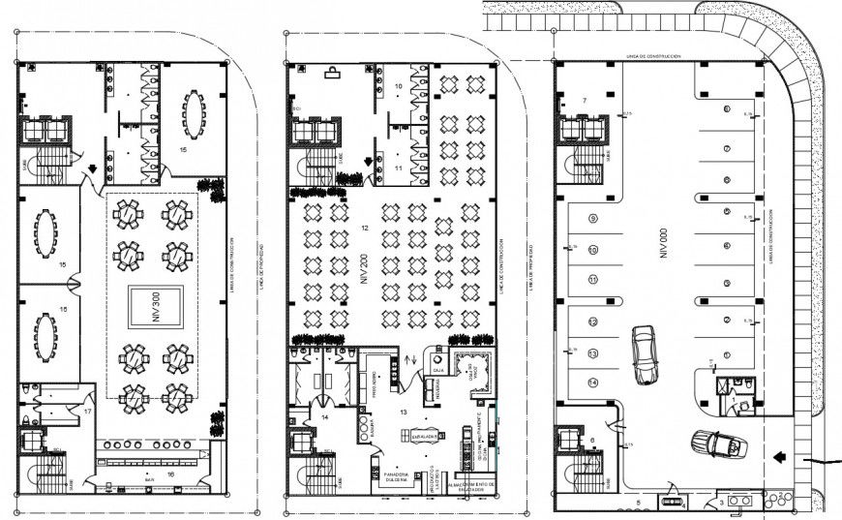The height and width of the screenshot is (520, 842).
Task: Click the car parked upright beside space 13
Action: pyautogui.click(x=644, y=355)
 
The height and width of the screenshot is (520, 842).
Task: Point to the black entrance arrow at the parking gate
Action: pyautogui.click(x=777, y=456)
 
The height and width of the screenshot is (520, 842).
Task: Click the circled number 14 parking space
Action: pyautogui.click(x=592, y=382)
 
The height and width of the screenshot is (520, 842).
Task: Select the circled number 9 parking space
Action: pyautogui.click(x=592, y=218)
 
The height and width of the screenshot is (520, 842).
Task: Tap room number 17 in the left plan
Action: pyautogui.click(x=86, y=413)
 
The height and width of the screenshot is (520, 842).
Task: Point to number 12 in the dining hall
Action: pyautogui.click(x=365, y=228)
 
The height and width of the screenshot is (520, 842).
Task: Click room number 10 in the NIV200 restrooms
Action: pyautogui.click(x=399, y=87)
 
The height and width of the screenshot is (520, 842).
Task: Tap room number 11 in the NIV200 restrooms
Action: pyautogui.click(x=399, y=168)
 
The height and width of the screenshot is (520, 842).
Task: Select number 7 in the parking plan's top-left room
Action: pyautogui.click(x=584, y=101)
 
